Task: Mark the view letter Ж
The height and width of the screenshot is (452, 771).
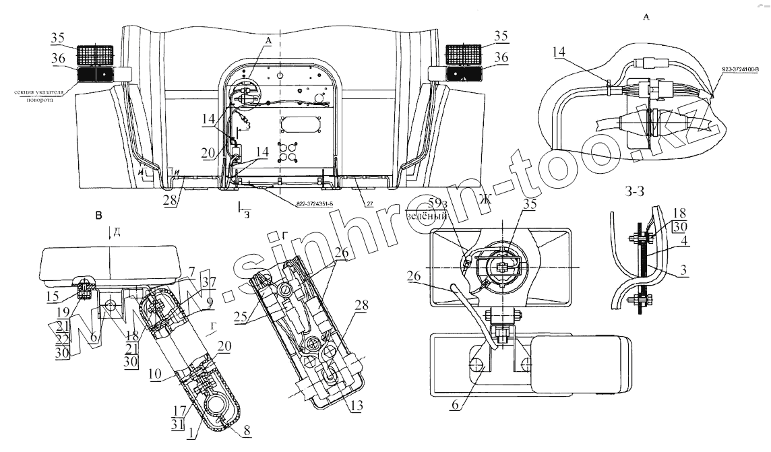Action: coord(481,198)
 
